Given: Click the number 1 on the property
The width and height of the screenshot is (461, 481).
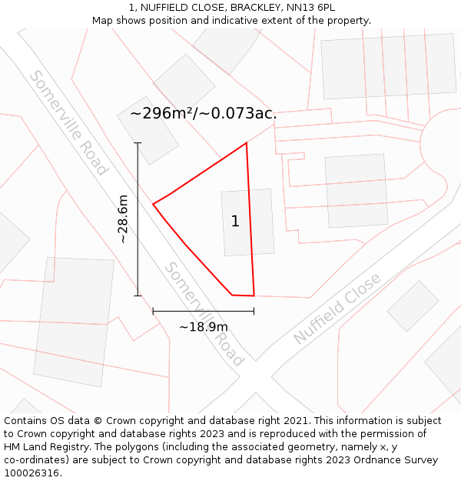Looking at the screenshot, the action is click(235, 222).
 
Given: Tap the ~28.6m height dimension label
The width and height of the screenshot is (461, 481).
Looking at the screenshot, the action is click(123, 219).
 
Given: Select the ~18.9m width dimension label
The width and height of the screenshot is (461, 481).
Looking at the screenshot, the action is click(204, 327).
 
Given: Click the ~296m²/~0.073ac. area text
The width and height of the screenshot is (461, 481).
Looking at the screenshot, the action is click(203, 114).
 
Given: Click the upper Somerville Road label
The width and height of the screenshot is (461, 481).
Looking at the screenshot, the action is click(68, 123).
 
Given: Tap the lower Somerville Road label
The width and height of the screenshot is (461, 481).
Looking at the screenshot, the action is click(204, 314).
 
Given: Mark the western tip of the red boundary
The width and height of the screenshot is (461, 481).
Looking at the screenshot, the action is click(154, 204).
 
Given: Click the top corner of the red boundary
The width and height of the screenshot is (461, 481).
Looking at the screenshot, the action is click(246, 143).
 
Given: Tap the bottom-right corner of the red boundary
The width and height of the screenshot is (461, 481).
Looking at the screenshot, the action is click(254, 296).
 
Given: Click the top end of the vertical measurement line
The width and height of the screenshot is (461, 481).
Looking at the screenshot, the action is click(138, 143).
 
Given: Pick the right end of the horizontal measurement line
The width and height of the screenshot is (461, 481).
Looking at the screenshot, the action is click(254, 312).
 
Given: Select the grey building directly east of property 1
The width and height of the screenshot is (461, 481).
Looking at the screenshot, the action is click(356, 191).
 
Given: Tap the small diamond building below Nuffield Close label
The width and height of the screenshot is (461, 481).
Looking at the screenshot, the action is click(413, 306).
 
